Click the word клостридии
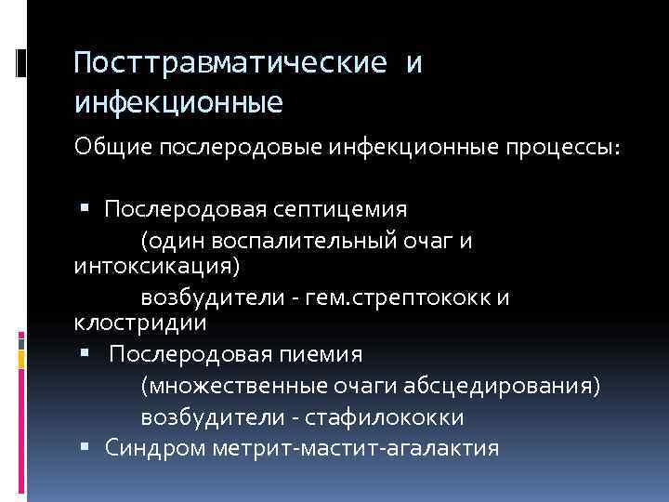[140, 323]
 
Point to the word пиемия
[323, 354]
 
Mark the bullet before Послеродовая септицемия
[85, 207]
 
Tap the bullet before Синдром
[85, 448]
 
